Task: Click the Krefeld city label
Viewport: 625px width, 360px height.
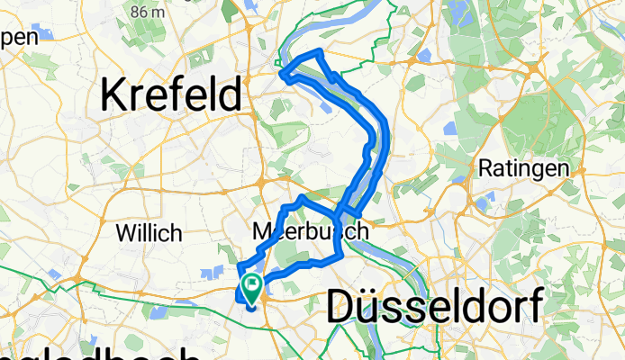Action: click(175, 94)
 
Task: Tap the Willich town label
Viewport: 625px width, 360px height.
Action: click(149, 233)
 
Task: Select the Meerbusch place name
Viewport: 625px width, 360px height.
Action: click(310, 231)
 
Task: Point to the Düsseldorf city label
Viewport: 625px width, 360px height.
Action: click(434, 307)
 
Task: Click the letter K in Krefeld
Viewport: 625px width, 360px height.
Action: click(114, 94)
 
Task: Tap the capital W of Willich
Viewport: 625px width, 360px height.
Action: click(124, 233)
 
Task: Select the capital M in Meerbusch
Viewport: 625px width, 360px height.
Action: click(263, 231)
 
